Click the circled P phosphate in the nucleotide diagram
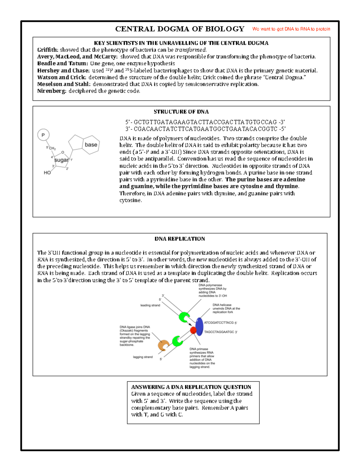43,135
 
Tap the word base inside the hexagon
91,145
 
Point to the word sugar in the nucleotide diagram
61,160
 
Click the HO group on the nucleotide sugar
47,173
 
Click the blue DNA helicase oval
199,326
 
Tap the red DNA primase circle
193,330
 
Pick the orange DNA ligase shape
163,345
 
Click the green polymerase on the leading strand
184,317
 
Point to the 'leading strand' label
150,305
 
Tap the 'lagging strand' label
142,357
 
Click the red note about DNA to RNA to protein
291,29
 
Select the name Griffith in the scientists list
47,50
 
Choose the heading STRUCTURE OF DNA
181,112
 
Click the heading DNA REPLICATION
180,239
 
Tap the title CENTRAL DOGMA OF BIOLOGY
180,29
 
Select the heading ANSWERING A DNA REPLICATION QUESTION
191,387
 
